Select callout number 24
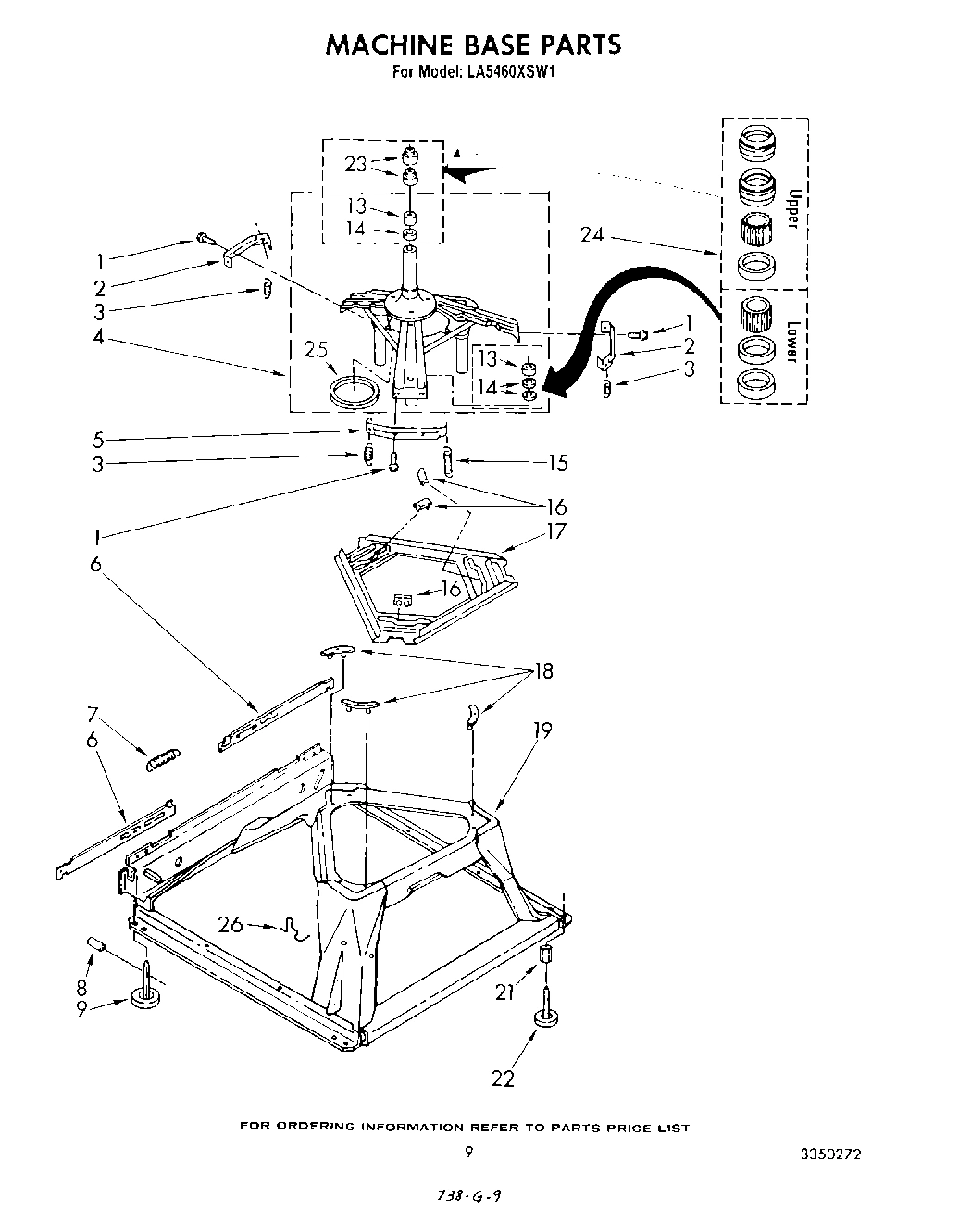pos(592,235)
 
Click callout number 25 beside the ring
pos(317,350)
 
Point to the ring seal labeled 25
pos(355,388)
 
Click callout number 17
pos(555,531)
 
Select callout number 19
pos(542,730)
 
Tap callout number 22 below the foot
pos(503,1078)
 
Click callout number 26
pos(231,923)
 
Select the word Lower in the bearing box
pos(791,341)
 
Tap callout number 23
pos(356,164)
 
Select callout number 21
pos(504,993)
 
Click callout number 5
pos(99,439)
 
